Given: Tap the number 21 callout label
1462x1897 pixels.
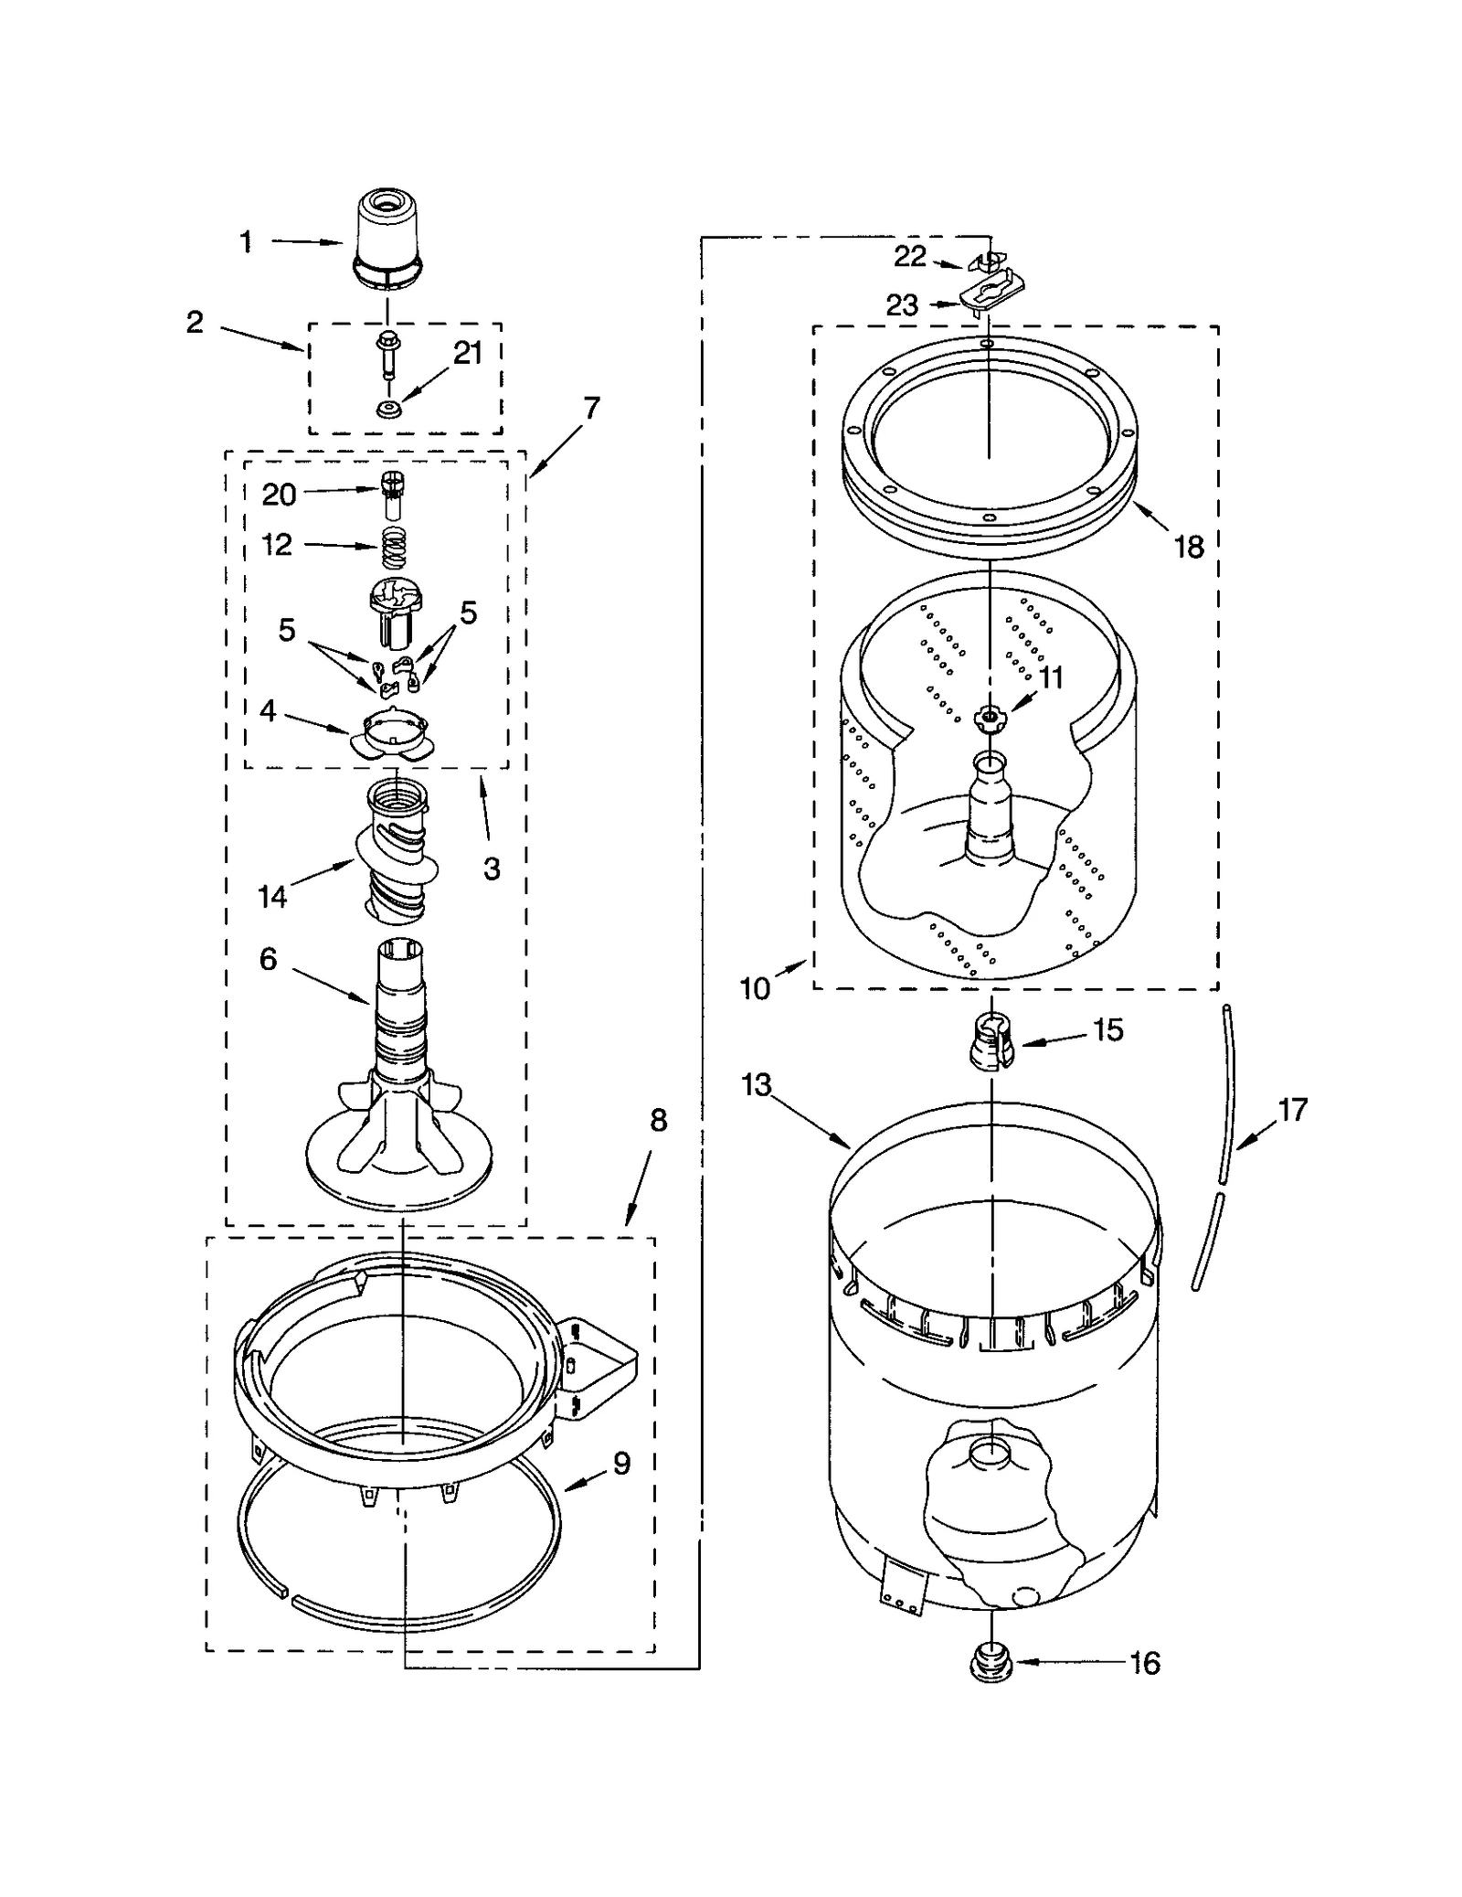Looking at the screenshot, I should (x=468, y=353).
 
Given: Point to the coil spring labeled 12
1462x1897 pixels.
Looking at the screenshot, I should (x=392, y=548).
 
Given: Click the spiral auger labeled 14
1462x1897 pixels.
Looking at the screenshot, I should (x=395, y=849).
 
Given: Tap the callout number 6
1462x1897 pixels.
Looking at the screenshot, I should (x=268, y=959).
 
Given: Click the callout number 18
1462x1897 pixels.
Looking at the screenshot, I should (x=1189, y=547).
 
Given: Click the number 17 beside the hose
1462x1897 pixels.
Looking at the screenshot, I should (x=1293, y=1110).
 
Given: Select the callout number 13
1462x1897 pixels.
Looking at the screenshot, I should (x=757, y=1085).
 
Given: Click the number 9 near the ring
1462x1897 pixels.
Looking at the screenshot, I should (x=621, y=1387).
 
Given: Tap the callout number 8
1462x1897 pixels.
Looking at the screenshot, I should (x=659, y=1120).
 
